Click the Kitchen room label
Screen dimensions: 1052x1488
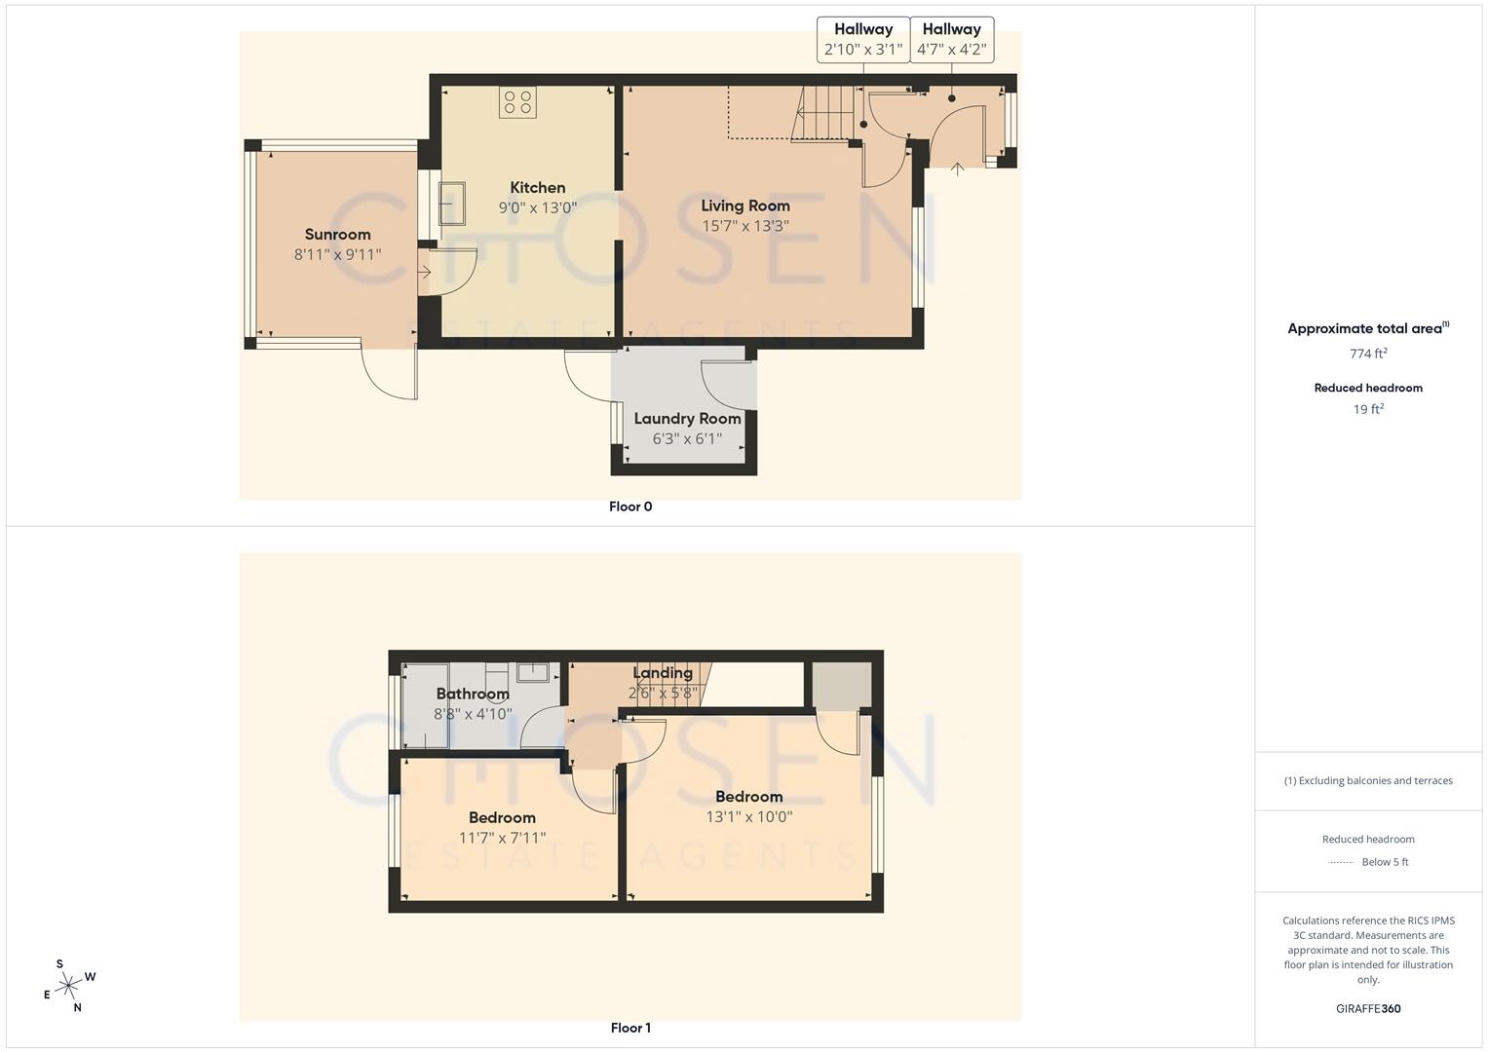tap(537, 188)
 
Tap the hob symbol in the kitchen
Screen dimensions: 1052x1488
tap(517, 102)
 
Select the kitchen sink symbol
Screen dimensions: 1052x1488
tap(451, 203)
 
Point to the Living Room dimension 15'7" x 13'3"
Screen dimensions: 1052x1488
tap(744, 226)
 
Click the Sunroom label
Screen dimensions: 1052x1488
tap(337, 235)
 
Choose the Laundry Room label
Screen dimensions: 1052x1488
tap(687, 419)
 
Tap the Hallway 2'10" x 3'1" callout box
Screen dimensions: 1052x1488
tap(863, 40)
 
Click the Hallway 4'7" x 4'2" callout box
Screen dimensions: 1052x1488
tap(951, 40)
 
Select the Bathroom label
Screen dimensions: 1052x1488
tap(472, 695)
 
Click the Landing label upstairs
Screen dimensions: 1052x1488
tap(663, 673)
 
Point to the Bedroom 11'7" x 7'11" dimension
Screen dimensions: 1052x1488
tap(502, 838)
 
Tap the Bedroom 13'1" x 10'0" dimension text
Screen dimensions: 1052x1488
tap(748, 817)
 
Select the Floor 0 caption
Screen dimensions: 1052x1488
tap(630, 507)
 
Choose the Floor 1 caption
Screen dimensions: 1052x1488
tap(630, 1028)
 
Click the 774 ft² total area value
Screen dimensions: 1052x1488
tap(1368, 354)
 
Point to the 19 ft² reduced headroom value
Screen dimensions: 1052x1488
tap(1368, 409)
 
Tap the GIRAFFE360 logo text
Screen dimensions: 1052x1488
tap(1368, 1008)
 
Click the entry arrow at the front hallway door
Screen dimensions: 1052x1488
tap(958, 169)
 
